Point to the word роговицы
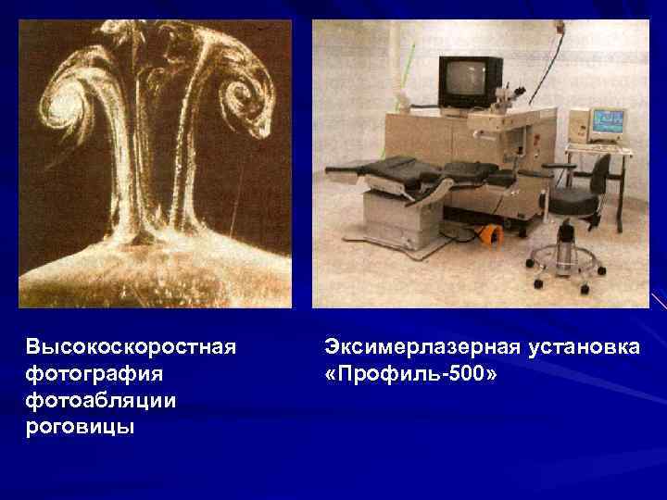point(81,427)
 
